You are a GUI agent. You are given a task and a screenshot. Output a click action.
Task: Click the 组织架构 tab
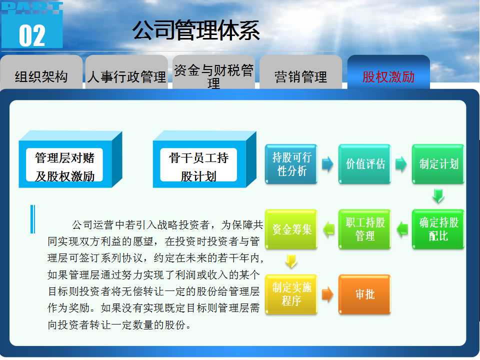tap(41, 73)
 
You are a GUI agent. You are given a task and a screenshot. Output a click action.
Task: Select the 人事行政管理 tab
tap(126, 73)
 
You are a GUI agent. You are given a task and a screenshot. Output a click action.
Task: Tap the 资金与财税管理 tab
tap(213, 73)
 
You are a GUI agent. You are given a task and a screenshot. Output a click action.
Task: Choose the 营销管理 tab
tap(300, 73)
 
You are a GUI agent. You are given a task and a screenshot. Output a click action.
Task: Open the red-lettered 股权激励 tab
tap(388, 73)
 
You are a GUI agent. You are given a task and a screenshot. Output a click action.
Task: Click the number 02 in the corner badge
tap(32, 36)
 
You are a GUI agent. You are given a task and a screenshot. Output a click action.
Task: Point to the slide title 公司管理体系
tap(196, 30)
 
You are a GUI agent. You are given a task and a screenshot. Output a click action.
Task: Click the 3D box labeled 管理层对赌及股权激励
tap(70, 159)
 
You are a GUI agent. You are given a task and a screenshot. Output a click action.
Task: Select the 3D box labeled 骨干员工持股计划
tap(204, 159)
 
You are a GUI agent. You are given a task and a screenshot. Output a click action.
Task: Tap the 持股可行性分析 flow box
tap(291, 164)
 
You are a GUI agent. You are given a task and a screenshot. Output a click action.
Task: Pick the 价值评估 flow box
tap(364, 164)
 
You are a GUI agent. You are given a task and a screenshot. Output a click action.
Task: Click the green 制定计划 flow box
tap(438, 164)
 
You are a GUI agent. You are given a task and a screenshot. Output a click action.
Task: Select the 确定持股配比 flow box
tap(438, 229)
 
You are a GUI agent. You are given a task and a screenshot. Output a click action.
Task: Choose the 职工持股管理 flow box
tap(364, 229)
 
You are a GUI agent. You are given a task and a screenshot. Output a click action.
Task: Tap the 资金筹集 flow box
tap(291, 229)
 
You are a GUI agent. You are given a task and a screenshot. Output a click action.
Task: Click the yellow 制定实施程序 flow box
tap(291, 294)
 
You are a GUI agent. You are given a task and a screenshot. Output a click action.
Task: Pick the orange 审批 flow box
tap(364, 294)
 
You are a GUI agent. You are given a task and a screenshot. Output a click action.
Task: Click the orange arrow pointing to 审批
tap(327, 294)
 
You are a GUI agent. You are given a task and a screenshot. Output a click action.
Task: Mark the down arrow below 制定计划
tap(438, 196)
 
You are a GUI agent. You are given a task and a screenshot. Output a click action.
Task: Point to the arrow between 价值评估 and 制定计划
tap(401, 164)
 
